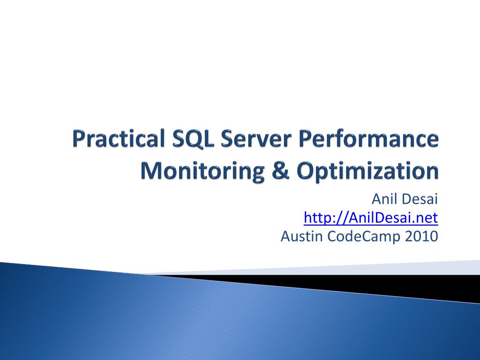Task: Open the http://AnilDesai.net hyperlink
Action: (371, 218)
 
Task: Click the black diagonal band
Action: (375, 284)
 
